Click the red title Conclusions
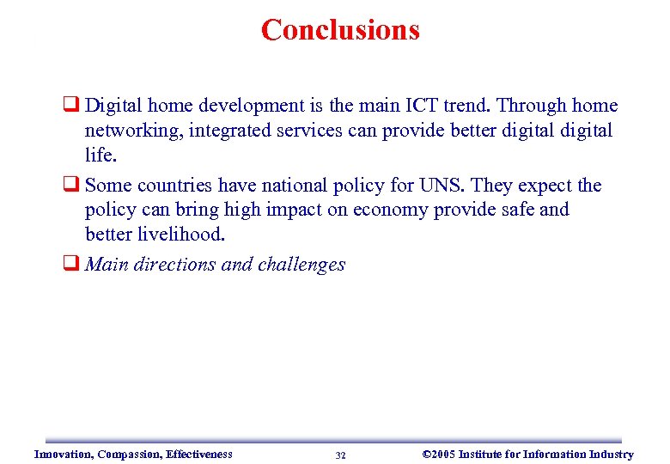click(340, 30)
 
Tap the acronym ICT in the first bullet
click(422, 106)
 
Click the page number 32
click(340, 455)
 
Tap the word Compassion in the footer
click(131, 455)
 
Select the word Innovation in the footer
click(64, 455)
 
